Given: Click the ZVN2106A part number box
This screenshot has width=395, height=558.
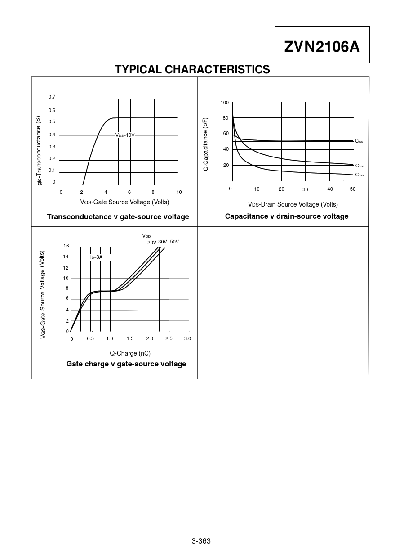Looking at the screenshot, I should (322, 45).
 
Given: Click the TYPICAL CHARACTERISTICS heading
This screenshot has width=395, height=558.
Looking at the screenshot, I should (192, 70).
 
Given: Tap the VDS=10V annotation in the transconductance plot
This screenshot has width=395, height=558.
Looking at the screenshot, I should (125, 135).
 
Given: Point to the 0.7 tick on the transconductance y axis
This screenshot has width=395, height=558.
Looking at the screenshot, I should (52, 97).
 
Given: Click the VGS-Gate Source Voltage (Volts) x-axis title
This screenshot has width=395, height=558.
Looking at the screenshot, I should (124, 202).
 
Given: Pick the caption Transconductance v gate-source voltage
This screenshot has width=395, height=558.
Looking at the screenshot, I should (118, 217).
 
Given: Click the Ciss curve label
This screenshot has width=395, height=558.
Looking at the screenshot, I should (359, 141).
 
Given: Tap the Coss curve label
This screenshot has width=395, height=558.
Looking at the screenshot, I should (359, 166).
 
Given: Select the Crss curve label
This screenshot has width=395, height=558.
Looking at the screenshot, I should (359, 175).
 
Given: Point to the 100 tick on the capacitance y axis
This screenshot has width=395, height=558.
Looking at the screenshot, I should (225, 103).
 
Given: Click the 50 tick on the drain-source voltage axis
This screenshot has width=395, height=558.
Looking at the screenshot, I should (353, 189).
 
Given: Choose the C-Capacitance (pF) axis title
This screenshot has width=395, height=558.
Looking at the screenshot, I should (206, 144).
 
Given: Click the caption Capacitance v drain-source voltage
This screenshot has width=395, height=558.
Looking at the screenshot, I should (286, 216).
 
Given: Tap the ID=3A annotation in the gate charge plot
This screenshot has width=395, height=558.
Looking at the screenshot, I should (96, 257).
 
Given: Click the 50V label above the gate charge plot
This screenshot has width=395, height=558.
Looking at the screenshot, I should (174, 242).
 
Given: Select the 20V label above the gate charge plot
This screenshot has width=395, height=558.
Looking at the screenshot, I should (152, 243).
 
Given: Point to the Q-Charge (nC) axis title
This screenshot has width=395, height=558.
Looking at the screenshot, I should (130, 353).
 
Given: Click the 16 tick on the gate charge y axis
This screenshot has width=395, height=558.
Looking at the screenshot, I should (66, 246).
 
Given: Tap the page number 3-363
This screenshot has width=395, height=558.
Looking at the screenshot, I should (201, 541).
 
